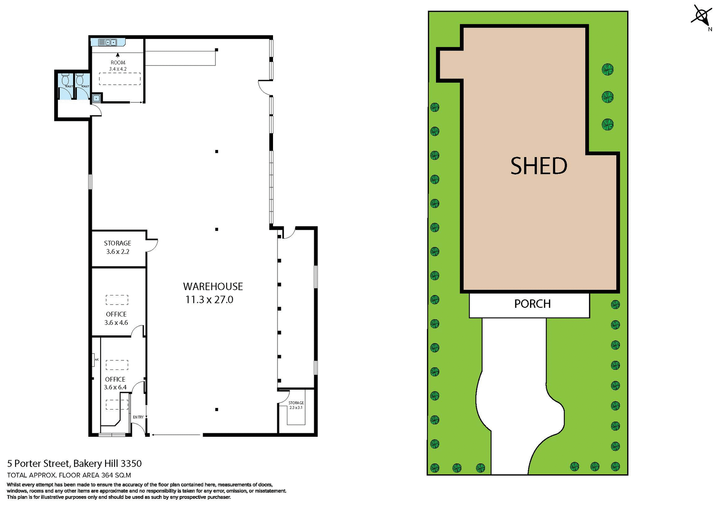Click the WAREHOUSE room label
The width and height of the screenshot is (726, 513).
pyautogui.click(x=213, y=286)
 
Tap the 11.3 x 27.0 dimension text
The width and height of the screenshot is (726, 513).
pyautogui.click(x=209, y=300)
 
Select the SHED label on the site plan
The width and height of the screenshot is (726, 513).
pyautogui.click(x=538, y=166)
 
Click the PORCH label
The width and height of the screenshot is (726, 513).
pyautogui.click(x=532, y=304)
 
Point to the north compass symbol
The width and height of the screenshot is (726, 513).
pyautogui.click(x=701, y=16)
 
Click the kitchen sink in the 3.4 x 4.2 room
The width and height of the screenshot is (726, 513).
pyautogui.click(x=108, y=42)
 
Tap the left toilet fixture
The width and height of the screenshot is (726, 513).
pyautogui.click(x=65, y=80)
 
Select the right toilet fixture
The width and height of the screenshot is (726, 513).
pyautogui.click(x=79, y=80)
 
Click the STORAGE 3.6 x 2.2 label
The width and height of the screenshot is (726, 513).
pyautogui.click(x=118, y=247)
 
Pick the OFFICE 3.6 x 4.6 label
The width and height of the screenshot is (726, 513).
pyautogui.click(x=116, y=318)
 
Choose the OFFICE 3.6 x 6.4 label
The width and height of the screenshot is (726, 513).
pyautogui.click(x=115, y=383)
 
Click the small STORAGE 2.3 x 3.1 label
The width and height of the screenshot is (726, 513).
pyautogui.click(x=296, y=405)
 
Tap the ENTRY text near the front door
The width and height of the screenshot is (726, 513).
pyautogui.click(x=138, y=417)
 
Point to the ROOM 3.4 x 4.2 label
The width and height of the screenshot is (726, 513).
pyautogui.click(x=118, y=66)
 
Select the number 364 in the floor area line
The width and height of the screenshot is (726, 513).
pyautogui.click(x=107, y=476)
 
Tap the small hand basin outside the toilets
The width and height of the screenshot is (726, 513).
pyautogui.click(x=96, y=99)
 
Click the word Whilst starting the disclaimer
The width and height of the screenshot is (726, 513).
pyautogui.click(x=14, y=485)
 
